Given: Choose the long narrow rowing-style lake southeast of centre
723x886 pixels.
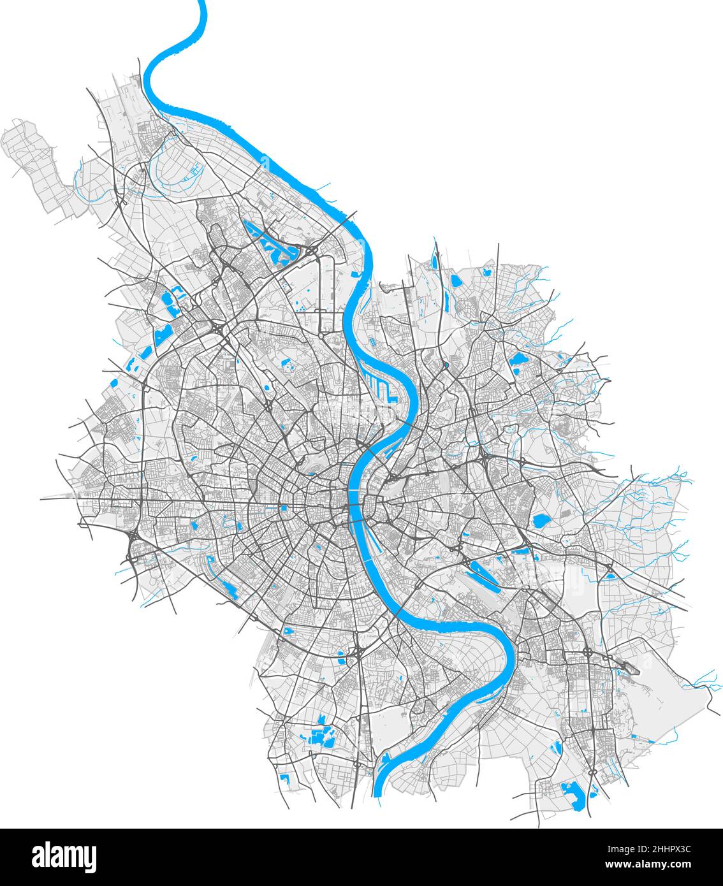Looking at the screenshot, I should coord(485,572).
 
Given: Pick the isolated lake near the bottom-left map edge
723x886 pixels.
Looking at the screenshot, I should coord(284,778).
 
